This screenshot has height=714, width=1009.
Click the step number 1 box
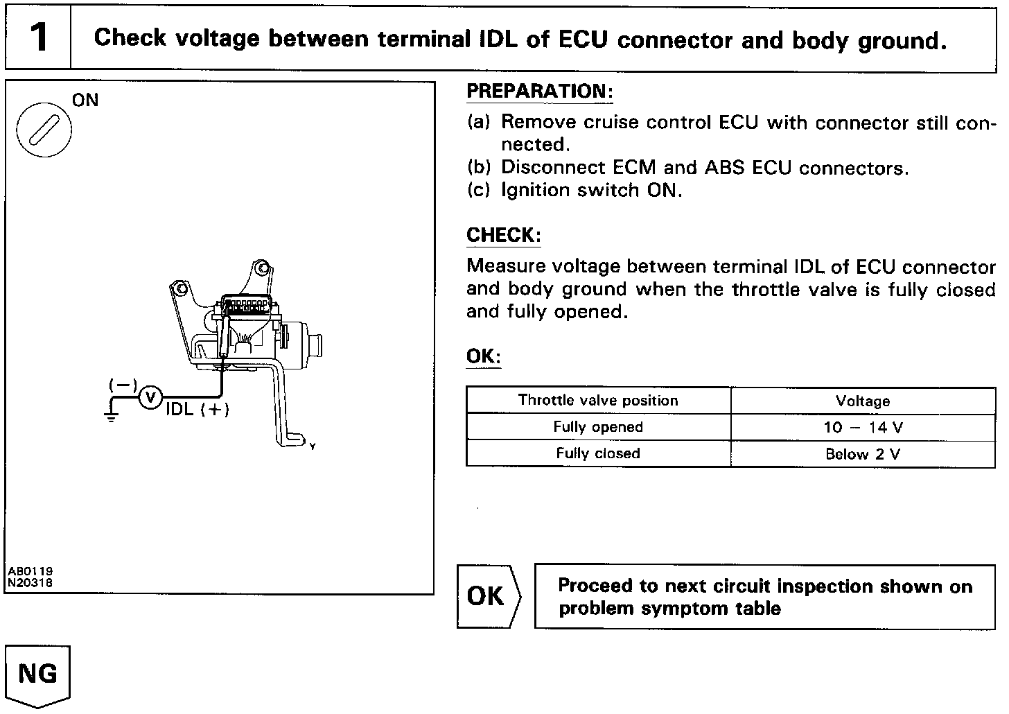[39, 37]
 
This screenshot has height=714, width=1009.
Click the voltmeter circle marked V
[150, 398]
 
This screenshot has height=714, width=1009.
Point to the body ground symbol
[110, 416]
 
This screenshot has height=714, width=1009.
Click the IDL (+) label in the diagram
[197, 409]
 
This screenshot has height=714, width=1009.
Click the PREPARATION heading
[540, 92]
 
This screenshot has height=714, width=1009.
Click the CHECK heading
[503, 236]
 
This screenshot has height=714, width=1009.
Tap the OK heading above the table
[483, 357]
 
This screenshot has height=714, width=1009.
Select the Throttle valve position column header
[598, 401]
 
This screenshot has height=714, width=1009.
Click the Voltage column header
[863, 401]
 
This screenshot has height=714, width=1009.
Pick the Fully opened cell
[598, 427]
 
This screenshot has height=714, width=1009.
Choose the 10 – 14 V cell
[863, 428]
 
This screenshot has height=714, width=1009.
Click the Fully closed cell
[598, 453]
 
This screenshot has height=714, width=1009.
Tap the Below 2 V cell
[863, 455]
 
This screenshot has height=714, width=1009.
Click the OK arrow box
[486, 597]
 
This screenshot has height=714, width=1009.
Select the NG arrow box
[37, 674]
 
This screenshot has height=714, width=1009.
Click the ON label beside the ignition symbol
[86, 101]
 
